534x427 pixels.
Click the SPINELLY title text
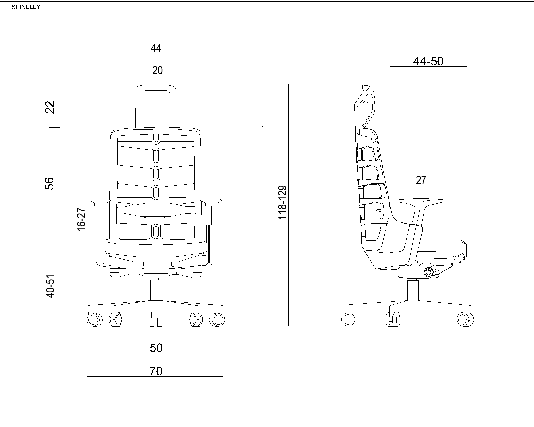[x=26, y=7]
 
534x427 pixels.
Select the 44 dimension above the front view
[x=156, y=48]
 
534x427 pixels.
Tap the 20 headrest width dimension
[x=157, y=71]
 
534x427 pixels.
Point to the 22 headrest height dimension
[x=50, y=107]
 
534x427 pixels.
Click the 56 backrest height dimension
[x=49, y=184]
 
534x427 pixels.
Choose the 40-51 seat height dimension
[x=50, y=286]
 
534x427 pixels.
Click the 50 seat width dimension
[x=156, y=348]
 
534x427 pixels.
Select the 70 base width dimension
[x=156, y=371]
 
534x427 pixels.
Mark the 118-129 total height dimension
[x=283, y=202]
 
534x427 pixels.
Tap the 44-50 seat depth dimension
[x=428, y=61]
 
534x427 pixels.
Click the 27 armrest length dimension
[x=421, y=180]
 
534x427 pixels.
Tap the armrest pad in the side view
[x=421, y=201]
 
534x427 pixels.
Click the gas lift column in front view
[x=156, y=290]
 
